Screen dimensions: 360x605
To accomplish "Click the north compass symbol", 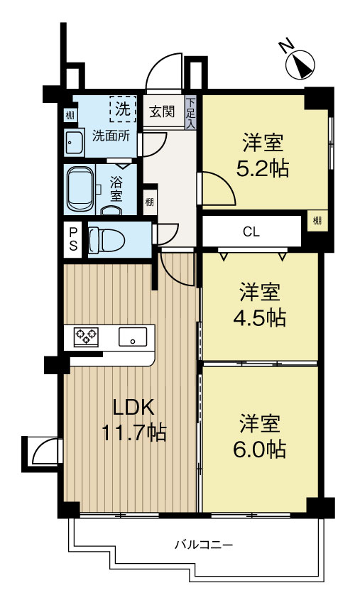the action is tap(300, 65).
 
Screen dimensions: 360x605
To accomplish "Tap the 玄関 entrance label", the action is tap(162, 112).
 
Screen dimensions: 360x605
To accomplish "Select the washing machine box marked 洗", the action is tap(123, 109).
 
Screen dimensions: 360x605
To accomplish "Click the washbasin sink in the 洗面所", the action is tap(75, 142).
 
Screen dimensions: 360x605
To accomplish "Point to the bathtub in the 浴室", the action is tap(80, 190).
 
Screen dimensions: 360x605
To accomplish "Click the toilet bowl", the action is tap(107, 241).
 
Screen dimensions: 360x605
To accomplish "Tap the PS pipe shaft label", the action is tap(73, 239).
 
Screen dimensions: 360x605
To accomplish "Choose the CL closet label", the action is tap(251, 232).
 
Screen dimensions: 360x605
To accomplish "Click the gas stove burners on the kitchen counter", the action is tap(87, 337).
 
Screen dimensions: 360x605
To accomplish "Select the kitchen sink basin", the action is tap(132, 337).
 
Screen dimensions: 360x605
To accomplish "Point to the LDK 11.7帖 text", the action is tap(133, 420).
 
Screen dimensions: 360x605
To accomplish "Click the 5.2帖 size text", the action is tap(263, 168).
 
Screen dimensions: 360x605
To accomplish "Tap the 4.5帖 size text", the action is tap(259, 318).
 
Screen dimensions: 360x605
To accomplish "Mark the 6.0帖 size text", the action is tap(259, 449).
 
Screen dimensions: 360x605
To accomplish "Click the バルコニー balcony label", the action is tap(204, 545).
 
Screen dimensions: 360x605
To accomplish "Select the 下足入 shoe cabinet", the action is tap(191, 112).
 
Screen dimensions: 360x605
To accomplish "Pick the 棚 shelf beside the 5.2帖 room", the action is tap(317, 221).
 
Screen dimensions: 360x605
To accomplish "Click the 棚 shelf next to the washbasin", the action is tap(70, 115).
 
